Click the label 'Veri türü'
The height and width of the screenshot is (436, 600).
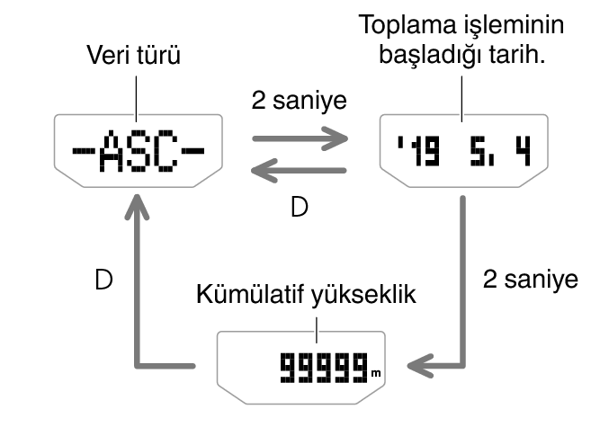(134, 58)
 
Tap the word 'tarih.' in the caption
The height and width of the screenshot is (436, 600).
(521, 58)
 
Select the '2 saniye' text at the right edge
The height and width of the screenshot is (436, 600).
(530, 279)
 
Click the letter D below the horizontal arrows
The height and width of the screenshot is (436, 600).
(300, 209)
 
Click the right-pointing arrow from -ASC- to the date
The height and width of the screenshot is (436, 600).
(300, 139)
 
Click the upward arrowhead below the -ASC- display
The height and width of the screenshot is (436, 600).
(137, 213)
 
